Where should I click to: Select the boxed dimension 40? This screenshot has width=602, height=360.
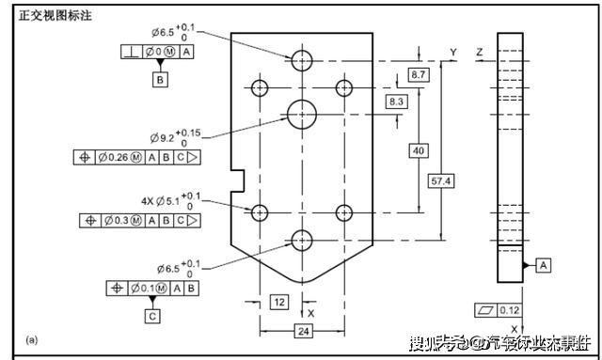click(x=419, y=150)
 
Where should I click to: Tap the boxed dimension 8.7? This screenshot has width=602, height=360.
click(x=420, y=73)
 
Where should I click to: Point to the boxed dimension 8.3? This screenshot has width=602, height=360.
click(x=396, y=101)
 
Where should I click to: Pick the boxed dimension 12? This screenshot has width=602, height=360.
click(x=279, y=302)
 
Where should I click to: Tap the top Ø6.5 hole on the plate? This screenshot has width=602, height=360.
click(x=302, y=61)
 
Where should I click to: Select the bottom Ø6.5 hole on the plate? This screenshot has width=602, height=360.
click(x=302, y=240)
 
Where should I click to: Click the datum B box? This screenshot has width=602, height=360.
click(x=161, y=81)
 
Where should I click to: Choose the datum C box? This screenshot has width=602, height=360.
click(x=152, y=317)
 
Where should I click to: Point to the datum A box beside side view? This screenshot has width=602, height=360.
click(x=545, y=266)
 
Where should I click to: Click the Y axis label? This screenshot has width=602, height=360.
click(x=453, y=51)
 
